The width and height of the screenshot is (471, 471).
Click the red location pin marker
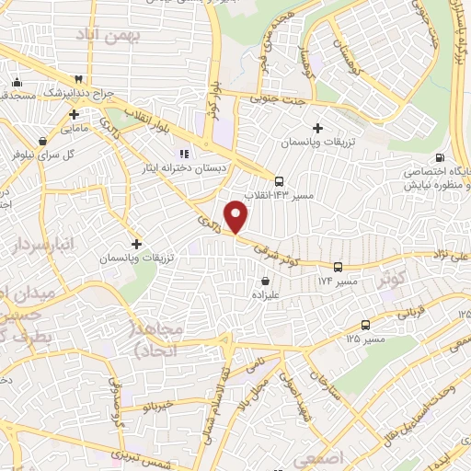tap(237, 216)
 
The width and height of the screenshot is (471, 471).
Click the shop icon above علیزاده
tap(266, 281)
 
